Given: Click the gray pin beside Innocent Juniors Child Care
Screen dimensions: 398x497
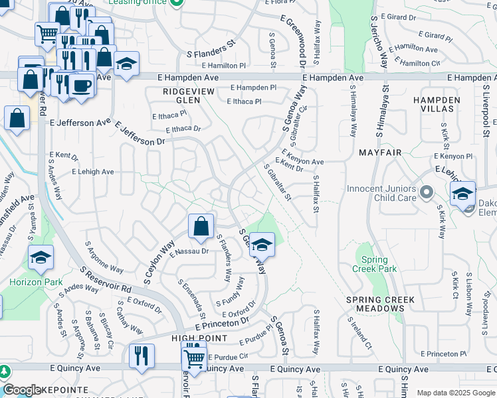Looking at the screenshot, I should point(427,193).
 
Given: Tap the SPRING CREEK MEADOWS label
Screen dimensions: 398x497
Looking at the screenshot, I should point(375,304).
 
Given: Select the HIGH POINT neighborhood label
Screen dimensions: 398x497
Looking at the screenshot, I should point(199,338).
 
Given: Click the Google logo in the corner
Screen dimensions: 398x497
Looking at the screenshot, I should point(22,390).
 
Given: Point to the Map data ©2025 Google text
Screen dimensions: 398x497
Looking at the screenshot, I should point(455,393).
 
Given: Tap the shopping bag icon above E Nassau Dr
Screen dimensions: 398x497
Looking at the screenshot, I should point(201,227).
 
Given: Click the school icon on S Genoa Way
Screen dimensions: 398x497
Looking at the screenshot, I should point(262,245).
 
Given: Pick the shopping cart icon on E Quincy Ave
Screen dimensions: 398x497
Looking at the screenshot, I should point(194,358).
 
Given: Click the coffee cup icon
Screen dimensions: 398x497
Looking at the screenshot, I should point(81,86).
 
